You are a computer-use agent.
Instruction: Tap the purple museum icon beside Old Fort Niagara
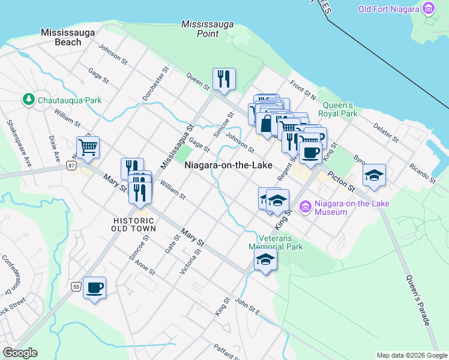point(428,8)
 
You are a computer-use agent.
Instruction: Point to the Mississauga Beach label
point(61,37)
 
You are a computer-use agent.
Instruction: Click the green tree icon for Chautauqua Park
point(28,99)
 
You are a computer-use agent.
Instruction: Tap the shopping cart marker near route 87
point(88,146)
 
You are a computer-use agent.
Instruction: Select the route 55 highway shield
point(76,286)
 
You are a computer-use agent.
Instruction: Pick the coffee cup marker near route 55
point(95,287)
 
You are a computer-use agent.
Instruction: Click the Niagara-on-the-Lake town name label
point(228,165)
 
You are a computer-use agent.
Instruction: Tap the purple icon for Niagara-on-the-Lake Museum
point(306,208)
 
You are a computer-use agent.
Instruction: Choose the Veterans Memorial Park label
point(276,242)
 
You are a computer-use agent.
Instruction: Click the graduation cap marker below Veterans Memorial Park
point(265,259)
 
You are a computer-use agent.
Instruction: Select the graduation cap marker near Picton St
point(374,175)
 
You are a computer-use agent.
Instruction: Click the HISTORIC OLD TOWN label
point(134,224)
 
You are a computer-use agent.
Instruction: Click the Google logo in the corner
point(20,353)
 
